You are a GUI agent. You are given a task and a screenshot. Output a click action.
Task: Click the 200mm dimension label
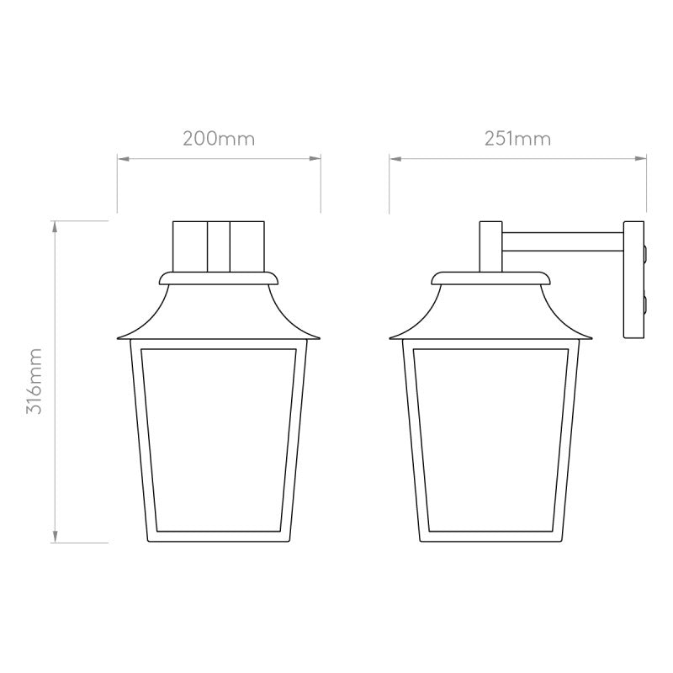[x=219, y=139]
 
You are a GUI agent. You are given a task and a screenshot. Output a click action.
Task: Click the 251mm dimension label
[x=517, y=139]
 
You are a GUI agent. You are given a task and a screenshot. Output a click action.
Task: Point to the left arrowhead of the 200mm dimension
[x=120, y=157]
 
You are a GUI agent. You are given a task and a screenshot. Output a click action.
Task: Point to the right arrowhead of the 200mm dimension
[x=318, y=157]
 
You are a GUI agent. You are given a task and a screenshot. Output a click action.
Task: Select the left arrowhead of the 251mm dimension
[x=392, y=157]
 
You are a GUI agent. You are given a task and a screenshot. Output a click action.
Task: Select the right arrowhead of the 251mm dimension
[x=643, y=157]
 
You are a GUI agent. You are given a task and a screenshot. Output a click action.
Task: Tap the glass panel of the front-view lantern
[x=219, y=437]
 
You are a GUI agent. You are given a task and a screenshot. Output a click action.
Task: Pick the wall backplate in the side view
[x=633, y=280]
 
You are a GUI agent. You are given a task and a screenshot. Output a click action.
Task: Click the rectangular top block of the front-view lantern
[x=219, y=246]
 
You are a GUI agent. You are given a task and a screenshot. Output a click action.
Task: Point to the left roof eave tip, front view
[x=117, y=337]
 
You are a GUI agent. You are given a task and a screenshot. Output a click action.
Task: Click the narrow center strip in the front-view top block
[x=219, y=246]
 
